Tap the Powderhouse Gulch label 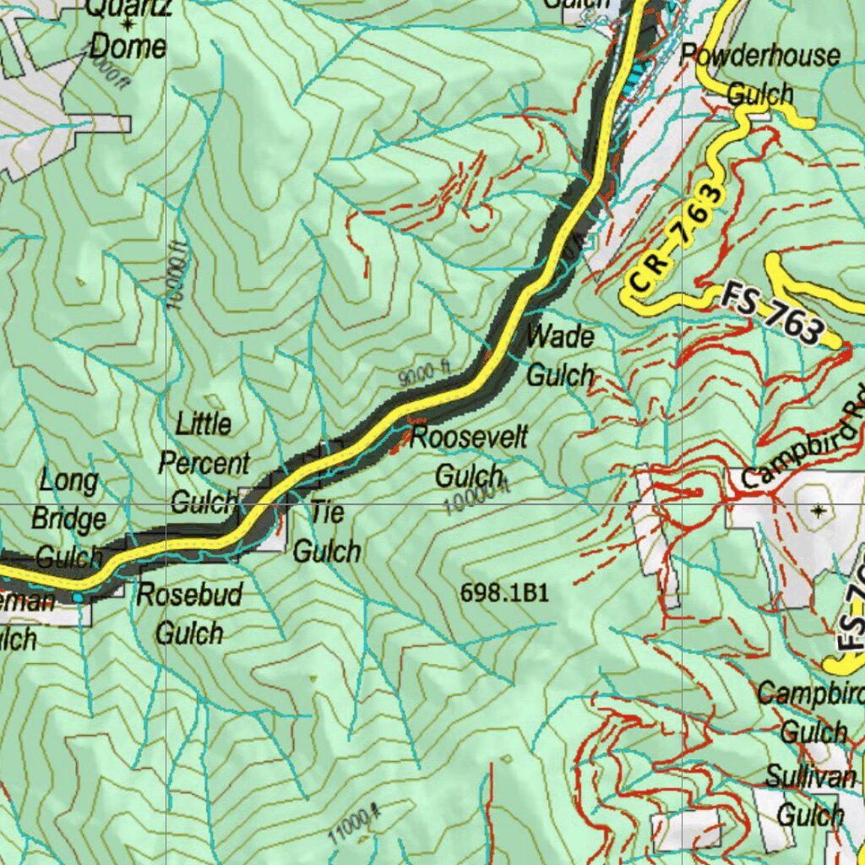[760, 74]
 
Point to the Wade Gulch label [560, 355]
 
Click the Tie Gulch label [327, 532]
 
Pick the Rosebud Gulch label [190, 613]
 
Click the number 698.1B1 [504, 593]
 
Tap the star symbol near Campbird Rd [819, 509]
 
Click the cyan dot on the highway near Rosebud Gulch [79, 597]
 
